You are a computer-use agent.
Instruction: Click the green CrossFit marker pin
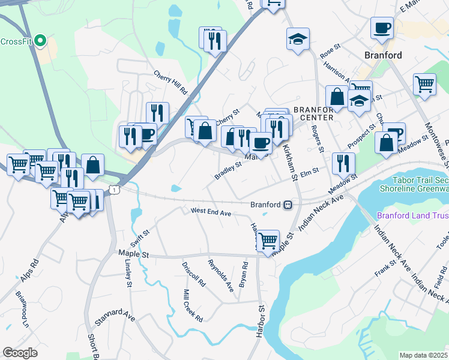coord(40,41)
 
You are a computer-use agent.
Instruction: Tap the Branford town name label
coord(383,55)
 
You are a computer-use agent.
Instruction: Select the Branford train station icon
coord(288,205)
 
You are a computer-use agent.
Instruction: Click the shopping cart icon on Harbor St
coord(268,241)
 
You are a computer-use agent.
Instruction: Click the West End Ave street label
coord(211,212)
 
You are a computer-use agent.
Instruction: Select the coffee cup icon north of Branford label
coord(382,28)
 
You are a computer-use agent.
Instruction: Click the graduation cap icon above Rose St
coord(298,39)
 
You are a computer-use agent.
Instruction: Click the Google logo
coord(20,353)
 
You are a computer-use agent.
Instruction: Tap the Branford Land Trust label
coord(412,215)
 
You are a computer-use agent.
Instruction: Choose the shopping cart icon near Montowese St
coord(424,85)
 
